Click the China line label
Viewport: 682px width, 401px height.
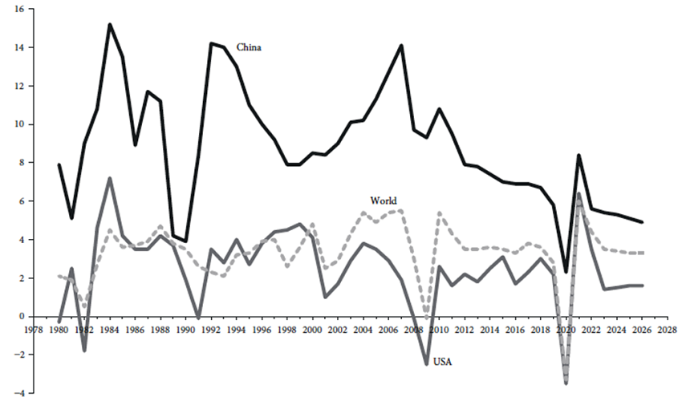click(250, 47)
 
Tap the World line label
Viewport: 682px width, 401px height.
click(383, 200)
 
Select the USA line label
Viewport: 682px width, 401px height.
click(443, 362)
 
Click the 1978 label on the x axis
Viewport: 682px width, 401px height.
click(34, 329)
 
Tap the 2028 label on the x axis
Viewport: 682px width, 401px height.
click(658, 329)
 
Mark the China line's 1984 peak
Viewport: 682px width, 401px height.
click(110, 24)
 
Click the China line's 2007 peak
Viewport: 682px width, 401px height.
click(401, 45)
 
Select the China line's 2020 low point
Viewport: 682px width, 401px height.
click(566, 273)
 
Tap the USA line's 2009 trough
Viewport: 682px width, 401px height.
click(427, 364)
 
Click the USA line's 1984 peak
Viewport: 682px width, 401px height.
click(110, 178)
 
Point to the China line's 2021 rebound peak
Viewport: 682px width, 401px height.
click(578, 155)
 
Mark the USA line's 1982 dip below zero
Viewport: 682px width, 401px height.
click(84, 350)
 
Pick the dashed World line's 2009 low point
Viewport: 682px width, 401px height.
click(427, 314)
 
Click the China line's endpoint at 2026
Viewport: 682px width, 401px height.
click(642, 222)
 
